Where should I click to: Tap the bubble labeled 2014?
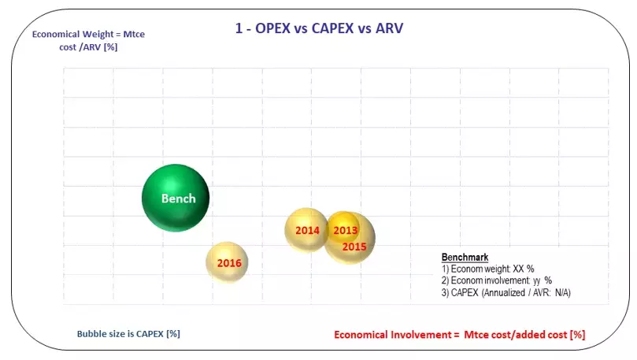click(x=306, y=230)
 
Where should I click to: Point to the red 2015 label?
click(x=355, y=247)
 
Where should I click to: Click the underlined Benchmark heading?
click(x=465, y=258)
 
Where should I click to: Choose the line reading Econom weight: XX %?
click(x=488, y=269)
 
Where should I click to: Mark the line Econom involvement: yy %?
click(x=496, y=280)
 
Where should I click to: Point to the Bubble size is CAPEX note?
click(x=128, y=333)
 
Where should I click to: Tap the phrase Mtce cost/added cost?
click(x=517, y=335)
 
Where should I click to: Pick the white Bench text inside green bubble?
click(x=178, y=199)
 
